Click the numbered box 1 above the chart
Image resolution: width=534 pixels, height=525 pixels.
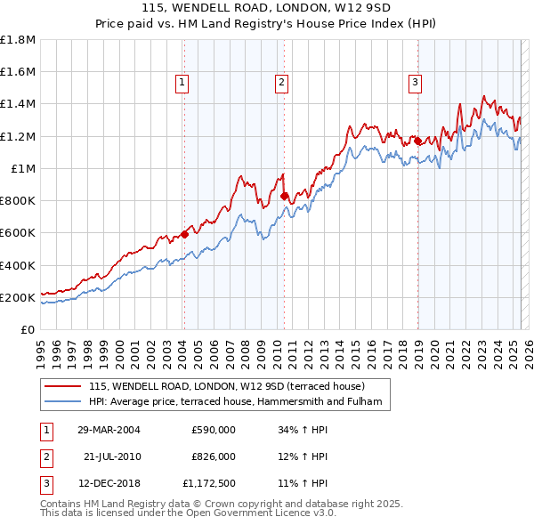tap(182, 84)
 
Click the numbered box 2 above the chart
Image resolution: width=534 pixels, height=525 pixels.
tap(281, 84)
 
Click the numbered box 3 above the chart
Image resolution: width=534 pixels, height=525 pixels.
tap(415, 84)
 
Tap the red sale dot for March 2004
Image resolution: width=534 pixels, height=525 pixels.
tap(184, 234)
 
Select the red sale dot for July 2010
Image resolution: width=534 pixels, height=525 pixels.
tap(284, 196)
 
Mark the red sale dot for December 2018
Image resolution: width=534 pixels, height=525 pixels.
tap(417, 140)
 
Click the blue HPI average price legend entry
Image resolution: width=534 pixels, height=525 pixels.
tap(234, 402)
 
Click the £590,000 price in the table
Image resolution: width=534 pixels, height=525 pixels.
tap(214, 430)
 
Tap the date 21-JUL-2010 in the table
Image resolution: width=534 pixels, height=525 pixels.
tap(112, 456)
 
